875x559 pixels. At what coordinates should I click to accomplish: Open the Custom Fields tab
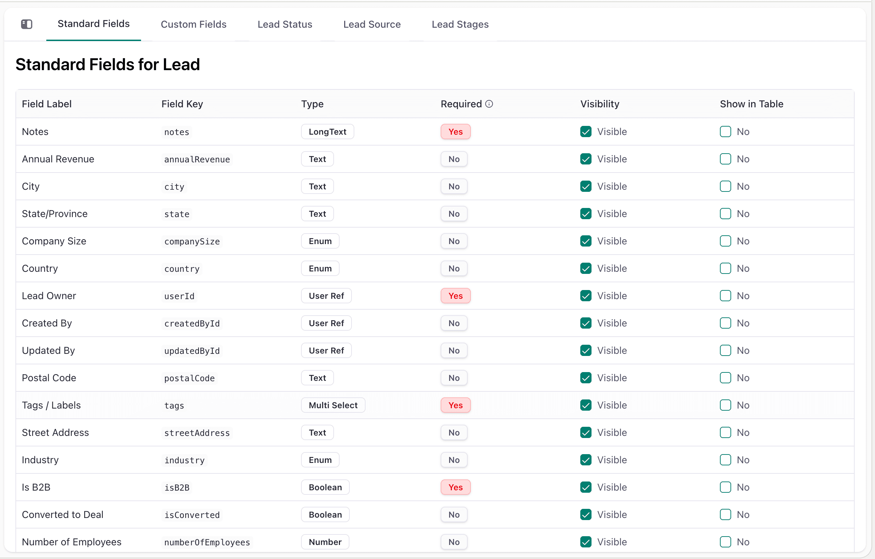[x=193, y=24]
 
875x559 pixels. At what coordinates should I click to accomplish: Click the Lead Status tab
[x=285, y=24]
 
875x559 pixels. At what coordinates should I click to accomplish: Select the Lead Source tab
[x=372, y=24]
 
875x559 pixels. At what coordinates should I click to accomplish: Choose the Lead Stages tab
[x=460, y=24]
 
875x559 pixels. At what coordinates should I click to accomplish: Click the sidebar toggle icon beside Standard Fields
[x=27, y=24]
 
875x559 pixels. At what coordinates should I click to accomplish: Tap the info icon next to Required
[x=489, y=104]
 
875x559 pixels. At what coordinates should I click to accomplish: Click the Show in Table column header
[x=752, y=104]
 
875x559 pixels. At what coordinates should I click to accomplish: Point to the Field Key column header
[x=182, y=104]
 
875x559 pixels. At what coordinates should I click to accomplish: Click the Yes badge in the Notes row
[x=456, y=132]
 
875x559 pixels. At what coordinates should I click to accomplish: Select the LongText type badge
[x=327, y=132]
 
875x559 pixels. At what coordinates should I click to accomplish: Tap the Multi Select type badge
[x=333, y=405]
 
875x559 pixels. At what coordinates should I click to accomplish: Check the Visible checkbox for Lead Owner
[x=586, y=296]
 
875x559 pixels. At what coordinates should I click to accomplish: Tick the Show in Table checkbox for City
[x=725, y=186]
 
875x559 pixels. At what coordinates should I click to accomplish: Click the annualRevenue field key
[x=197, y=159]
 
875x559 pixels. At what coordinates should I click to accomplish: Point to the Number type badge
[x=325, y=542]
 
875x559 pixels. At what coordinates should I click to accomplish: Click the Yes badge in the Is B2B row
[x=456, y=487]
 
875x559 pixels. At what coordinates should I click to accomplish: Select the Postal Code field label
[x=49, y=378]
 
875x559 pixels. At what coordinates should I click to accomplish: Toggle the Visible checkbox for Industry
[x=586, y=460]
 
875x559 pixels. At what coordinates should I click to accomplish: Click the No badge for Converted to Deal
[x=454, y=515]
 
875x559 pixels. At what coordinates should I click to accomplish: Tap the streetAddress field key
[x=197, y=433]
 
